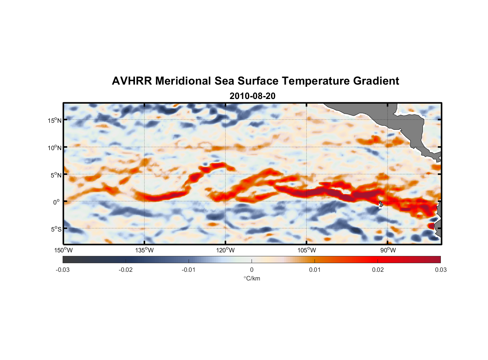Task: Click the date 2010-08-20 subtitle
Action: point(252,96)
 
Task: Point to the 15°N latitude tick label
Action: point(55,120)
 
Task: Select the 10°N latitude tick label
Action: point(55,148)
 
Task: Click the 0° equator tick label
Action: point(57,202)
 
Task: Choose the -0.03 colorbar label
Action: point(63,270)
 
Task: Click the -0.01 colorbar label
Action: point(189,270)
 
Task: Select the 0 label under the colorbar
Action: point(252,270)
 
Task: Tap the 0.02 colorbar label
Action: point(378,270)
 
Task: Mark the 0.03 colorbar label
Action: point(440,270)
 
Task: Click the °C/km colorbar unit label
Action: point(252,279)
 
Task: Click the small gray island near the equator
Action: point(381,204)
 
